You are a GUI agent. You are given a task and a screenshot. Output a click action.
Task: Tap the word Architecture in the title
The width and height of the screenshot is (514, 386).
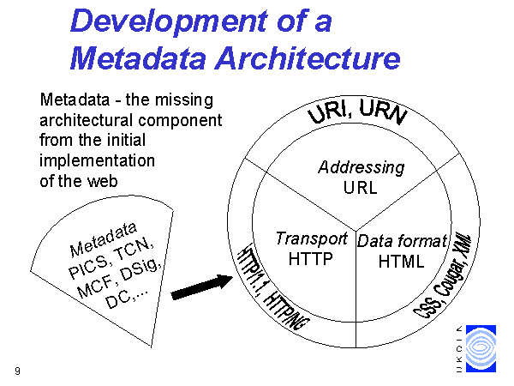click(x=308, y=57)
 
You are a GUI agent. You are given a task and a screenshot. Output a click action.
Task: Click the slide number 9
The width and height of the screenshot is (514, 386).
click(x=17, y=371)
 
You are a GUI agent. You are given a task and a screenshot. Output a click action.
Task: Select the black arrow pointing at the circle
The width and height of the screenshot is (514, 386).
click(x=202, y=287)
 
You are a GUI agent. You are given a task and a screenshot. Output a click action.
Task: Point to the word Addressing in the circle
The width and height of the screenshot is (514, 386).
click(x=362, y=167)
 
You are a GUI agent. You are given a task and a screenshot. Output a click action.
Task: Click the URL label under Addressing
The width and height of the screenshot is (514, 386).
click(x=361, y=188)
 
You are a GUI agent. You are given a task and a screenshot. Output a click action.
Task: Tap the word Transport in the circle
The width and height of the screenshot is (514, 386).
click(x=312, y=238)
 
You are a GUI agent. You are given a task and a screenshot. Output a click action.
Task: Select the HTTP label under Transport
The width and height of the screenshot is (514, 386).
click(x=311, y=259)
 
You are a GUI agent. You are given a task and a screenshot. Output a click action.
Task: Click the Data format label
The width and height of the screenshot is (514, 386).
click(x=403, y=241)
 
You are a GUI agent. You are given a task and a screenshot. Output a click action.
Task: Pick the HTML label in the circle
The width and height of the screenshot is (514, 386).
click(x=401, y=262)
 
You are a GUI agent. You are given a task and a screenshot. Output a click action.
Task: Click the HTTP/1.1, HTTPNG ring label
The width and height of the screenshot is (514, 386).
click(x=272, y=286)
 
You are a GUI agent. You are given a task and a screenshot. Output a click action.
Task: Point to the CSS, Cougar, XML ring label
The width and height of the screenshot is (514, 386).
click(x=443, y=275)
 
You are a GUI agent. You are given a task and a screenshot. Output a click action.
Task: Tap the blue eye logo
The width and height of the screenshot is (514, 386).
click(x=481, y=348)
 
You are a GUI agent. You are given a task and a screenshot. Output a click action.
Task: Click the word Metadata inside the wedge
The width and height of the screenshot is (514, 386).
click(x=104, y=239)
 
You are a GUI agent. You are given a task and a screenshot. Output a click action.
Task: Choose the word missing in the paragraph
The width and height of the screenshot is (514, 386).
click(x=184, y=100)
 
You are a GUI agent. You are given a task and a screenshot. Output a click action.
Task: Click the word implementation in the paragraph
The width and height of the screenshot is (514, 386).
click(x=97, y=161)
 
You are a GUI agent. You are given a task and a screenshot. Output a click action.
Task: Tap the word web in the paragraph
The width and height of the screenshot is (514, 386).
click(x=102, y=181)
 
